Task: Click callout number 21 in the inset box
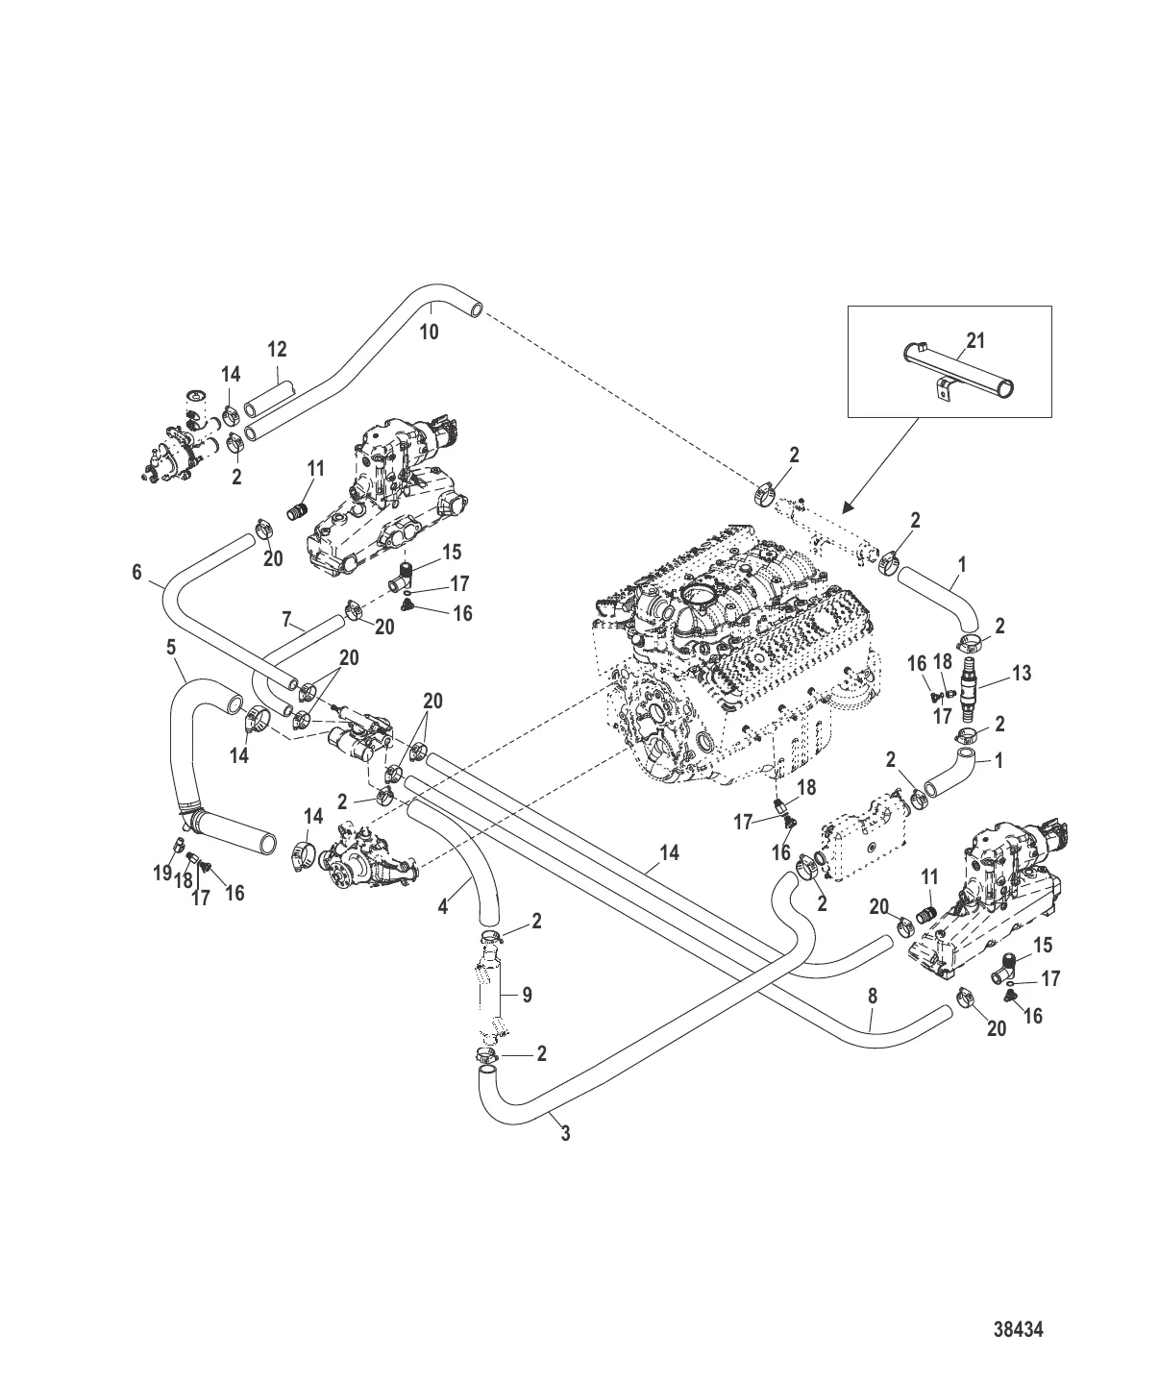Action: [x=975, y=340]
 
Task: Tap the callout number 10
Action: [x=430, y=332]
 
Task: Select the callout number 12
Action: [x=277, y=349]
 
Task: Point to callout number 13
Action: [x=1022, y=673]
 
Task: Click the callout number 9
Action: [x=528, y=1013]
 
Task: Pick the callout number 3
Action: [x=565, y=1134]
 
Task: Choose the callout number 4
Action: [x=443, y=906]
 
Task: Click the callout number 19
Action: [x=162, y=873]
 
